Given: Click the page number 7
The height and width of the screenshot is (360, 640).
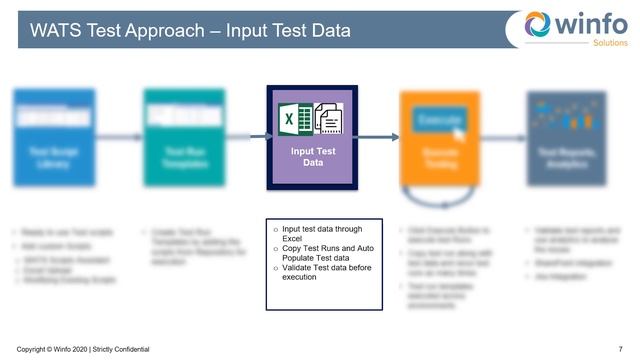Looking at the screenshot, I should point(621,348).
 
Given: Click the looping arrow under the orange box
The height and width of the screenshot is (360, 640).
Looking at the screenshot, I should point(439,196).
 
